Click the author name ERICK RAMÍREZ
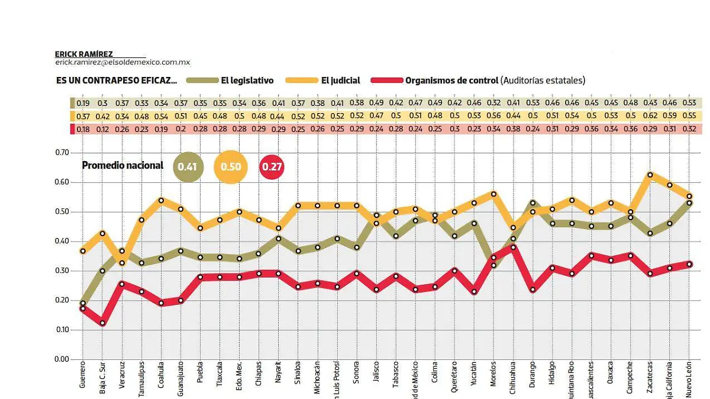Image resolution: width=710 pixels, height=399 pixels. click(84, 54)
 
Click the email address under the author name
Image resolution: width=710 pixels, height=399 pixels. click(122, 62)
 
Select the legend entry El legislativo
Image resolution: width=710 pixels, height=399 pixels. click(247, 81)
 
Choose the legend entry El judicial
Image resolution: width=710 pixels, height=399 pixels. click(342, 81)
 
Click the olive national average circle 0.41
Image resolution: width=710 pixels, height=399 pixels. click(188, 167)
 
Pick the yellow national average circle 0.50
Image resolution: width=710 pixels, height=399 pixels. click(231, 167)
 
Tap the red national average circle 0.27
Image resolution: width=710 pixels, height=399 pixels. click(272, 167)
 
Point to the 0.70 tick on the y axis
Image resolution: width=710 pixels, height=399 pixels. click(62, 153)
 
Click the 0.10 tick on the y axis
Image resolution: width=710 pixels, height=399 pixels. click(62, 330)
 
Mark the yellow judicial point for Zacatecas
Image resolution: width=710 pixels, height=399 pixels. click(650, 175)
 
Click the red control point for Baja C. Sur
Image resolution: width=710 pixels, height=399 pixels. click(102, 323)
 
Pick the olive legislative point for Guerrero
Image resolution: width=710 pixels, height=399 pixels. click(82, 303)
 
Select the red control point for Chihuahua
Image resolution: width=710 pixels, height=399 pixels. click(513, 247)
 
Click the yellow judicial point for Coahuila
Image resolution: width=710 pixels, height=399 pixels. click(161, 200)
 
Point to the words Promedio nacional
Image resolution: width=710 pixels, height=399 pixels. click(122, 166)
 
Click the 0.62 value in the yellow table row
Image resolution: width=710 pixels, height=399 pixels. click(650, 116)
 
